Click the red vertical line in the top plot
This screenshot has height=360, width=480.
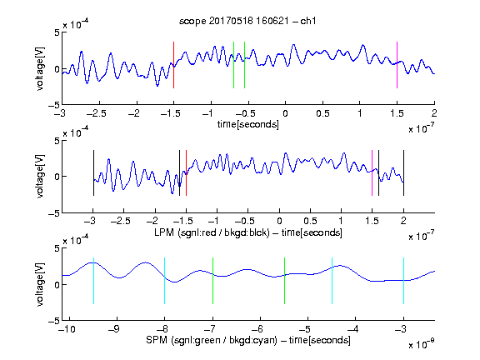tap(173, 65)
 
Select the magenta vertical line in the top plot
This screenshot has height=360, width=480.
tap(397, 65)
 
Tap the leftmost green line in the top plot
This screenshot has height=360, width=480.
tap(233, 65)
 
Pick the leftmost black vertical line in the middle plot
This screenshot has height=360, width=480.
tap(93, 172)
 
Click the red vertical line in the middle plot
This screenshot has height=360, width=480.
tap(186, 172)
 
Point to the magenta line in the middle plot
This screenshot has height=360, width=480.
tap(372, 172)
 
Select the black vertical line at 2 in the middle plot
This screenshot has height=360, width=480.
tap(403, 172)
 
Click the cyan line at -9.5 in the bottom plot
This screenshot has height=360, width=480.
tap(93, 281)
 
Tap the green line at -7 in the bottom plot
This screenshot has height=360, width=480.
tap(212, 281)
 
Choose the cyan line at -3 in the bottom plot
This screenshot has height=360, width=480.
tap(403, 281)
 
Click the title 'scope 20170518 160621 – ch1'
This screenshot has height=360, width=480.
tap(247, 21)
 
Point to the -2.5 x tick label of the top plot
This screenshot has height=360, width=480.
tap(96, 113)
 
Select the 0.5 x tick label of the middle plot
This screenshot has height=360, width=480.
tap(310, 221)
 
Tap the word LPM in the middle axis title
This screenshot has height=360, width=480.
tap(164, 232)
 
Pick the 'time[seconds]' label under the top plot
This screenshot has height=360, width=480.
tap(248, 124)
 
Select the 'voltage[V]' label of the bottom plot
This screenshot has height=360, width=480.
tap(40, 284)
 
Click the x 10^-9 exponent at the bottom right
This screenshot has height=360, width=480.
tap(421, 344)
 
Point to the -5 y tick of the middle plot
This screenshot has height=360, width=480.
tap(54, 213)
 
